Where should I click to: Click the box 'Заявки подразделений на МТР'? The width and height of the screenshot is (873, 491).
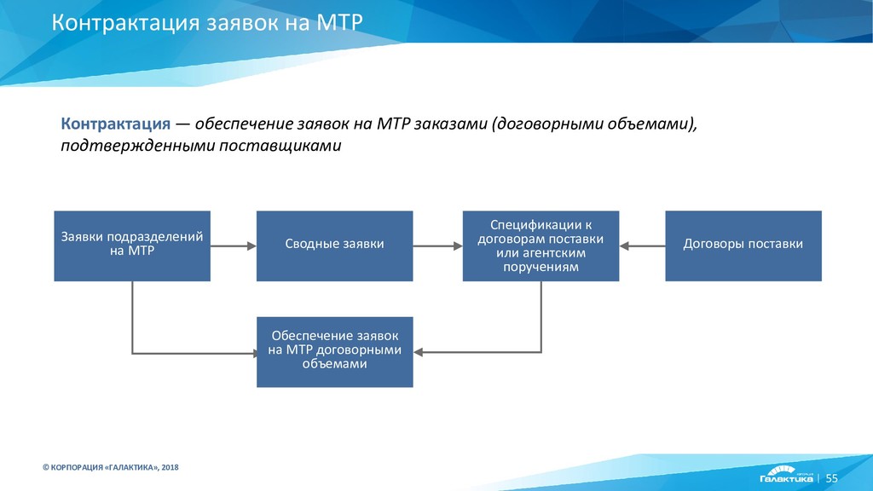(132, 245)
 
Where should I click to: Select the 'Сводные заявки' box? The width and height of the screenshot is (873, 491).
(334, 245)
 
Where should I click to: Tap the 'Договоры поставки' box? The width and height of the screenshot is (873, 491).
(743, 245)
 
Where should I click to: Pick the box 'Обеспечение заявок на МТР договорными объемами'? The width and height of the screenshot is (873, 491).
(334, 350)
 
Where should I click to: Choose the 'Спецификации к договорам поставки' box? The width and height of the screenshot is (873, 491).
(541, 245)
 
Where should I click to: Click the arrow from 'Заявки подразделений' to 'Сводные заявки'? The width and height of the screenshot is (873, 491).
(233, 245)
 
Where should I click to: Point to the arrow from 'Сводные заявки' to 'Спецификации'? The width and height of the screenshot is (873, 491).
(437, 245)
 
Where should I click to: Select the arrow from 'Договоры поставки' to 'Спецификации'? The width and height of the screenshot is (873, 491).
(643, 245)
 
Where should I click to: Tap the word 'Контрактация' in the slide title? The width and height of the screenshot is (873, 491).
(125, 22)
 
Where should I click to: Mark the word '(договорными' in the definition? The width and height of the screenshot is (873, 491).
(543, 124)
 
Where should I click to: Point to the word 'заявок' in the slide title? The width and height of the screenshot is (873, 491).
(239, 22)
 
